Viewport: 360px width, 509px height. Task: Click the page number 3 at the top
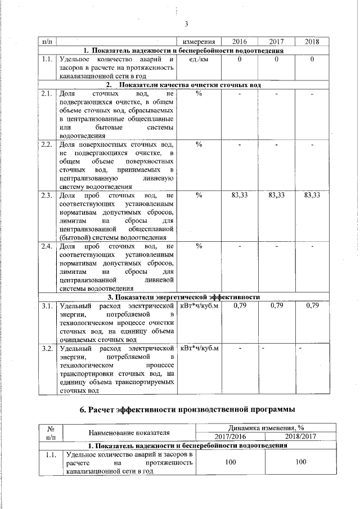click(185, 24)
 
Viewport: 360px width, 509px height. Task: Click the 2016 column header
click(240, 42)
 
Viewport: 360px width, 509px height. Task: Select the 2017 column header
click(276, 42)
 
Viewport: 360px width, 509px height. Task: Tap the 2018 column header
click(312, 42)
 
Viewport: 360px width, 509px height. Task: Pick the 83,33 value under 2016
click(240, 195)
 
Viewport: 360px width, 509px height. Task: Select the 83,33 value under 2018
click(312, 195)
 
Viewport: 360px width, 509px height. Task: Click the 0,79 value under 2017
click(276, 305)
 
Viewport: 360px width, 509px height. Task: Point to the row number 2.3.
click(47, 195)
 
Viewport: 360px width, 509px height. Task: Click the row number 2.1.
click(47, 93)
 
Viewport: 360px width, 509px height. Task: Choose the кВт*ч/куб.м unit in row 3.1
click(199, 305)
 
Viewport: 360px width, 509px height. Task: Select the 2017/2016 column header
click(231, 436)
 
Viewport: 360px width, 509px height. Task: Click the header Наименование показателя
click(129, 433)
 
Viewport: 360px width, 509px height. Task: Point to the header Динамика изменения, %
click(265, 428)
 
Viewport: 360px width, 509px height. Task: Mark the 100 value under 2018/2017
click(301, 462)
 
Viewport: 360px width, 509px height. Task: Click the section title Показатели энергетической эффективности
click(183, 297)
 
